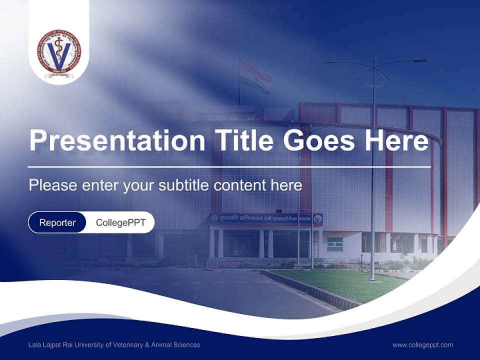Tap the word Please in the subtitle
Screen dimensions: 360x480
coord(51,185)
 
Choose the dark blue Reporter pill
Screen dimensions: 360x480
coord(57,222)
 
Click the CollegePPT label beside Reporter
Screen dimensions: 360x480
coord(120,222)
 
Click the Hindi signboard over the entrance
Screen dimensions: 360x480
coord(266,218)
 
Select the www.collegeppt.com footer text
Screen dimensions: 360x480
coord(422,344)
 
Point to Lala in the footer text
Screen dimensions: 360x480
coord(35,344)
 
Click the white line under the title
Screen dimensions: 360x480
coord(229,166)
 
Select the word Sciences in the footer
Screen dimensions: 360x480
coord(187,344)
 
